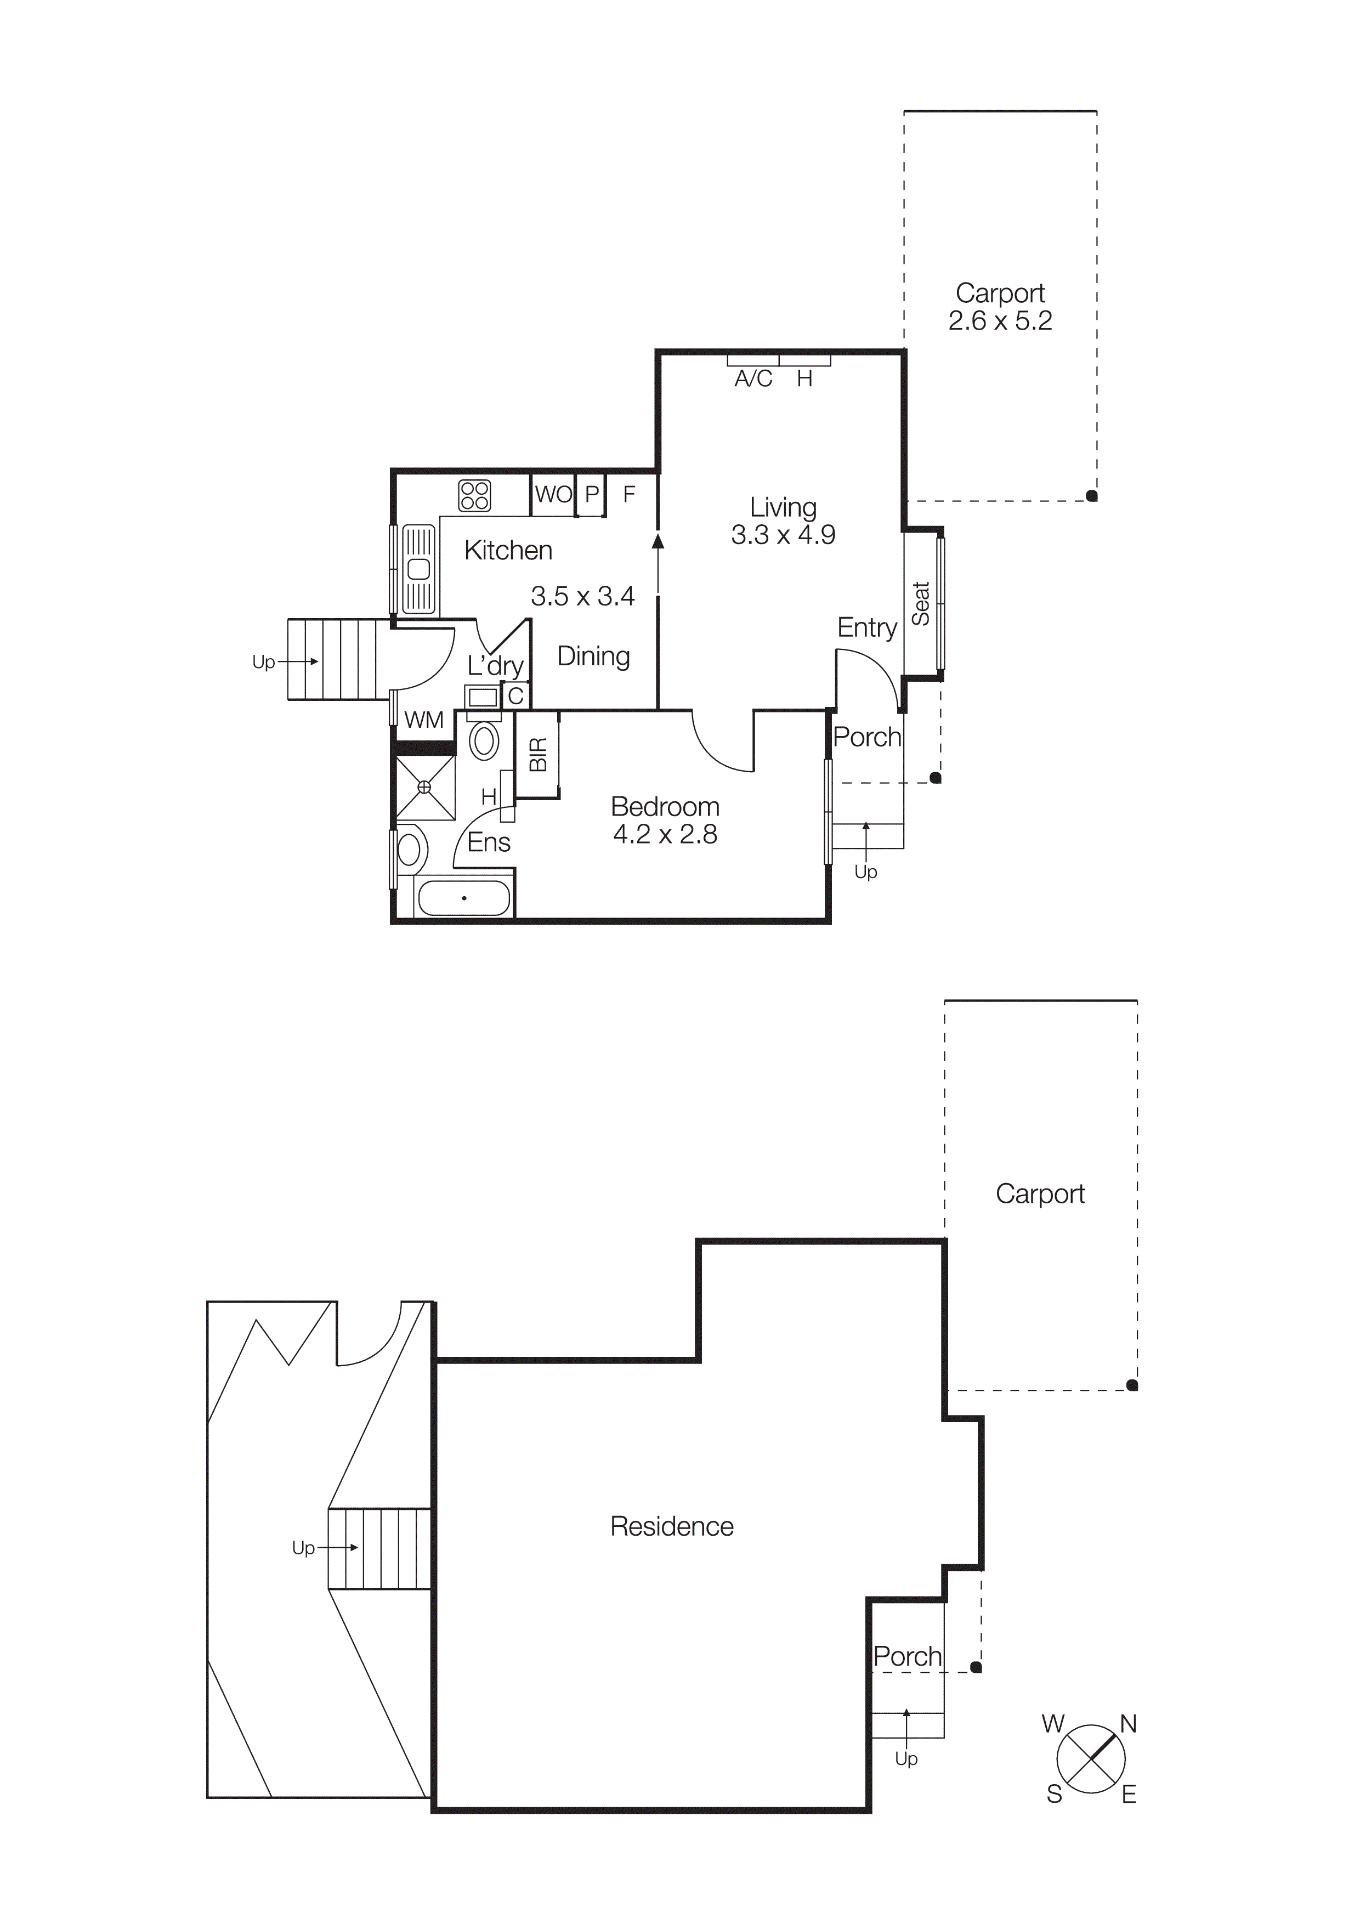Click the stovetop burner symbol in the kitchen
pyautogui.click(x=474, y=495)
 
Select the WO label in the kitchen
pyautogui.click(x=553, y=494)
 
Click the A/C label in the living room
pyautogui.click(x=752, y=380)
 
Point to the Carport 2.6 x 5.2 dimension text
pyautogui.click(x=1000, y=321)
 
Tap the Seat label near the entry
pyautogui.click(x=921, y=603)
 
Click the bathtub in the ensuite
pyautogui.click(x=463, y=898)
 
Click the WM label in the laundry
pyautogui.click(x=423, y=720)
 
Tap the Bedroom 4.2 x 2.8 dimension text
pyautogui.click(x=665, y=835)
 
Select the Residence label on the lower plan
pyautogui.click(x=671, y=1527)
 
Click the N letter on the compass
pyautogui.click(x=1128, y=1724)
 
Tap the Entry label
pyautogui.click(x=866, y=627)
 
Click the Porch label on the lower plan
pyautogui.click(x=906, y=1657)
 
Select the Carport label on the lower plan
pyautogui.click(x=1039, y=1193)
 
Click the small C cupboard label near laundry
pyautogui.click(x=515, y=695)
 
